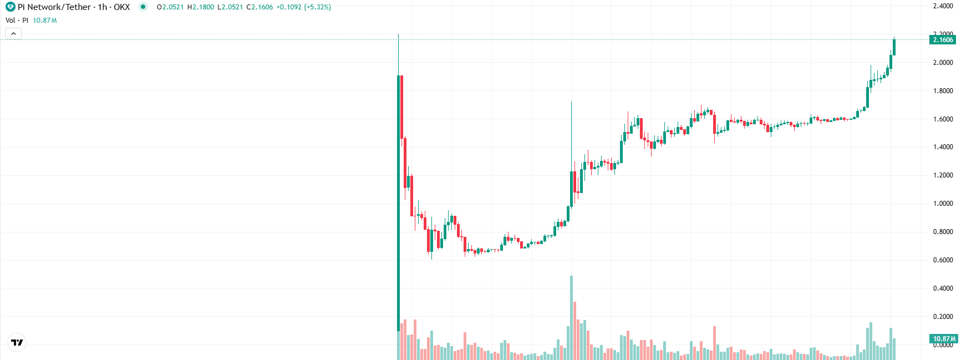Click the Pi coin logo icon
coord(10,7)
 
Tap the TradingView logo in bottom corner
coord(17,342)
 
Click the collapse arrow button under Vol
coord(13,34)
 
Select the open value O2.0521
coord(170,7)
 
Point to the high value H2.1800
coord(201,7)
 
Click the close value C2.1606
coord(260,7)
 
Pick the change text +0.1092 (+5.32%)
coord(303,7)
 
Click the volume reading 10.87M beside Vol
coord(44,21)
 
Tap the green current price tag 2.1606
coord(943,40)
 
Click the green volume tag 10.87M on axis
coord(944,338)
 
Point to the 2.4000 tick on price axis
coord(943,6)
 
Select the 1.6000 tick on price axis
coord(943,119)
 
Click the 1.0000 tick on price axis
coord(943,204)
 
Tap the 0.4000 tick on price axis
coord(943,288)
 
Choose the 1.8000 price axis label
coord(943,91)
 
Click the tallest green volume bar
coord(571,316)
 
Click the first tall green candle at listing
coord(398,200)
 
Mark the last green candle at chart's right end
coord(894,47)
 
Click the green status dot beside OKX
coord(143,7)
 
